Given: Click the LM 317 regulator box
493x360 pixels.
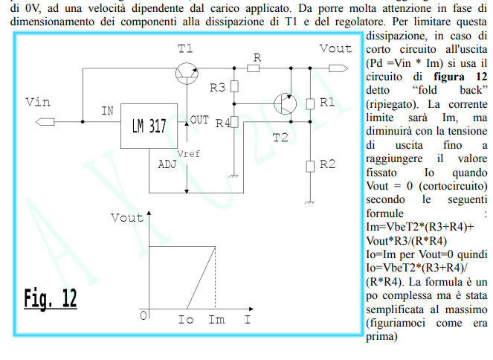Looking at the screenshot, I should [149, 126].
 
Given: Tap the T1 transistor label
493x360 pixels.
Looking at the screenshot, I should [185, 49].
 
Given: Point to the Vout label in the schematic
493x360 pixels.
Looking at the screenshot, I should [335, 49].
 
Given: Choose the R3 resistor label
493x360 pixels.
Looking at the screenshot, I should [217, 88].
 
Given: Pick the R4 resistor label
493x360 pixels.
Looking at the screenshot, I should [222, 123].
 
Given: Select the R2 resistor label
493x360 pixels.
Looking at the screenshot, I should [327, 164].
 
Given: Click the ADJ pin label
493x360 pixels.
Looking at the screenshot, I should [167, 164].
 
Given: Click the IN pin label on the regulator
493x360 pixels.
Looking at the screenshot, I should [107, 111].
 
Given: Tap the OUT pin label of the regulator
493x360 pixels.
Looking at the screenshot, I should [199, 119].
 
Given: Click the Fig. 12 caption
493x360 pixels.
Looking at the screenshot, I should [50, 298].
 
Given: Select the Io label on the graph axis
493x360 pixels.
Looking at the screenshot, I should [187, 320].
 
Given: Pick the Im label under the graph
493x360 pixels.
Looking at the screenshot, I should [216, 320].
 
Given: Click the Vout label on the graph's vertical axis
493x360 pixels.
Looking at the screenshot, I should [126, 218].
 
